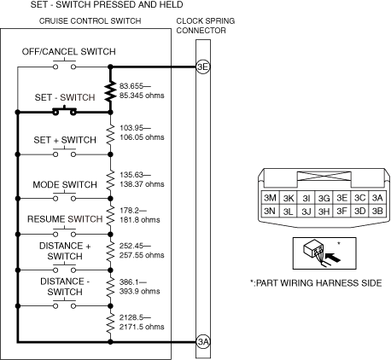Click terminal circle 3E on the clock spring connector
[x=203, y=67]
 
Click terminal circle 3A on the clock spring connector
[x=203, y=341]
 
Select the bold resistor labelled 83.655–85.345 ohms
[x=110, y=91]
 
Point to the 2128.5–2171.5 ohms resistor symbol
[x=110, y=323]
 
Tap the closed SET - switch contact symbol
[x=65, y=111]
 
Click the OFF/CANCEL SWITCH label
[x=69, y=52]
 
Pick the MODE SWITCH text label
[x=65, y=185]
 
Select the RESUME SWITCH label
[x=65, y=219]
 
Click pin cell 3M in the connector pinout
[x=270, y=198]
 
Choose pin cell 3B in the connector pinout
[x=377, y=211]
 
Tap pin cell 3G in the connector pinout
[x=324, y=198]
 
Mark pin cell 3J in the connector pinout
[x=306, y=211]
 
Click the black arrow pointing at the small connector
[x=333, y=258]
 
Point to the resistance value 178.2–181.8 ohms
[x=140, y=215]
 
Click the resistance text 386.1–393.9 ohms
[x=140, y=287]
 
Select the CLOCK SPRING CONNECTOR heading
[x=206, y=26]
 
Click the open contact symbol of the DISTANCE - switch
[x=65, y=304]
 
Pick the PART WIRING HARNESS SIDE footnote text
[x=316, y=283]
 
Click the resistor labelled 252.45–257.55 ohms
[x=110, y=252]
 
